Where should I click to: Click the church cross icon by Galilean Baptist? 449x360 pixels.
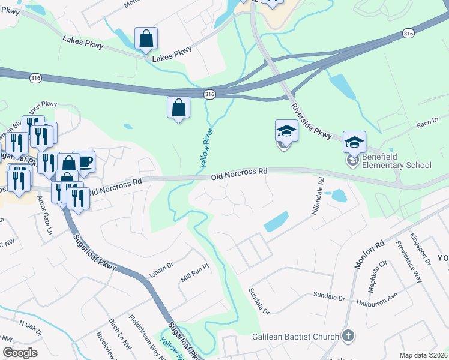[347, 336]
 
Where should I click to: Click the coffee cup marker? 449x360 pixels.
[84, 162]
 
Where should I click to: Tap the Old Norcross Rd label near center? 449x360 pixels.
[239, 175]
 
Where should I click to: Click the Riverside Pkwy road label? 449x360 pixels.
[312, 122]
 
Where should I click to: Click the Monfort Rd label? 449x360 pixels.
[369, 255]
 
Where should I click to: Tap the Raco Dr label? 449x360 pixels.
[428, 123]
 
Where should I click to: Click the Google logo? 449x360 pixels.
[20, 353]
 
